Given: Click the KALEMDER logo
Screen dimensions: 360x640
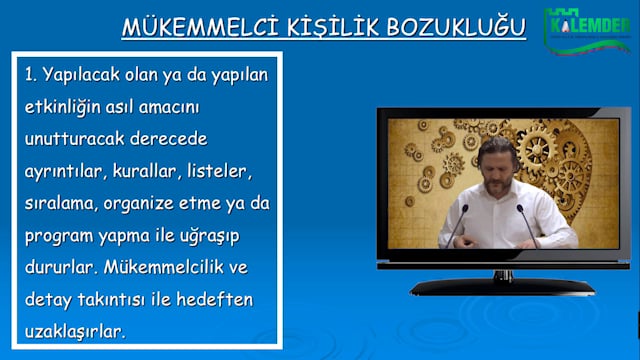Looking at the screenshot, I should (x=588, y=28).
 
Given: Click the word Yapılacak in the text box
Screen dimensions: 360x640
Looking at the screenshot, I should (x=85, y=75).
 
